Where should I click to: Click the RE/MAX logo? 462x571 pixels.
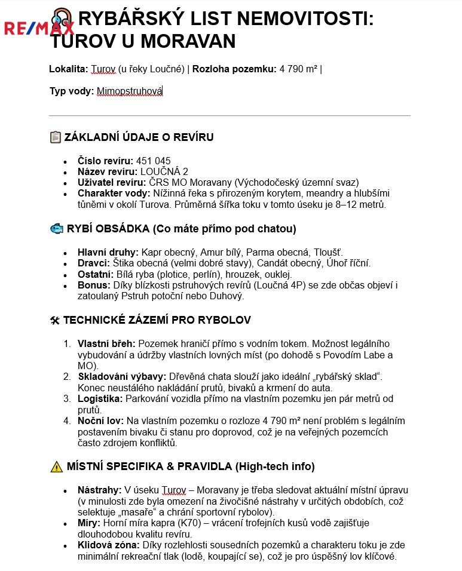tap(39, 27)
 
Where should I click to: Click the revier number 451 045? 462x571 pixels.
tap(154, 161)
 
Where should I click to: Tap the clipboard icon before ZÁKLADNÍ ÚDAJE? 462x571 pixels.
tap(55, 137)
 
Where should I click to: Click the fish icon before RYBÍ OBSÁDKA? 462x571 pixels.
tap(56, 229)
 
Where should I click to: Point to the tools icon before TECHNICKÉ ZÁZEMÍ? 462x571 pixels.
tap(54, 320)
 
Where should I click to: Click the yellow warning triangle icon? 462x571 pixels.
tap(56, 466)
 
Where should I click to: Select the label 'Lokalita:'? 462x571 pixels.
tap(69, 69)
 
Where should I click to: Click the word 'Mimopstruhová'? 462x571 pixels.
tap(130, 91)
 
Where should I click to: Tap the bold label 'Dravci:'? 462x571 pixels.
tap(94, 263)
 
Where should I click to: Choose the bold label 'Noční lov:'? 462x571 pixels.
tap(100, 420)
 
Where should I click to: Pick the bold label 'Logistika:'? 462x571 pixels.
tap(100, 398)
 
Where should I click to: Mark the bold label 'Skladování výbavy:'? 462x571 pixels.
tap(122, 376)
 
